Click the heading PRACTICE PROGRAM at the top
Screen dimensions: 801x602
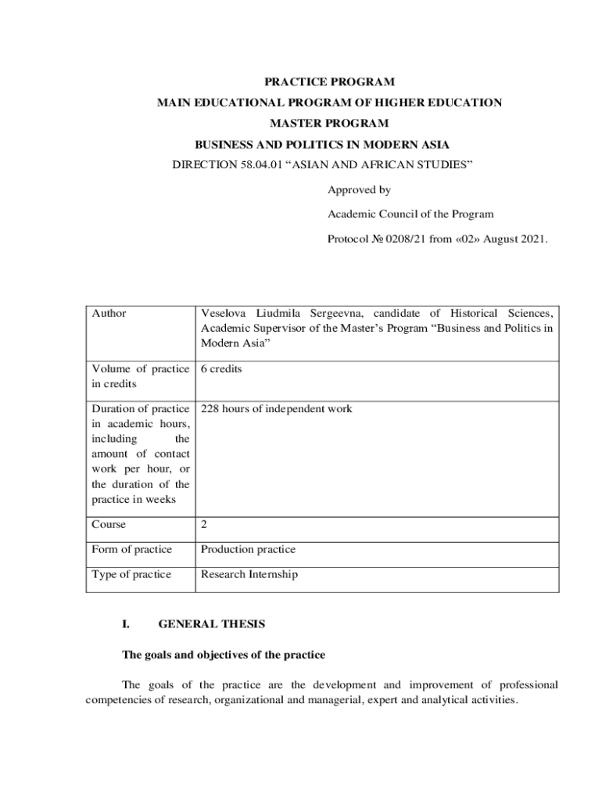(329, 81)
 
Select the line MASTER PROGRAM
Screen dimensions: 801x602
(329, 123)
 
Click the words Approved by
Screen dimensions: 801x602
(359, 190)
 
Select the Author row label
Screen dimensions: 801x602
(109, 313)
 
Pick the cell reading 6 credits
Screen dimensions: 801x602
(221, 368)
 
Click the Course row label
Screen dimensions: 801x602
(109, 524)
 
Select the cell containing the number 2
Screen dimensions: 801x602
(204, 524)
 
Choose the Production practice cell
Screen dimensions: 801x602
(248, 549)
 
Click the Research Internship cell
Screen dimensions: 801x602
(249, 574)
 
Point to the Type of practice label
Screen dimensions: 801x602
(131, 574)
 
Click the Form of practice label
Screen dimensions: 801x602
(131, 549)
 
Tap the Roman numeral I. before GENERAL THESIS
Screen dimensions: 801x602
(125, 624)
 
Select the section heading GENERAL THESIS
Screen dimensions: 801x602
(212, 624)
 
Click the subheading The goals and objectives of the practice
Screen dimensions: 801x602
(223, 654)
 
